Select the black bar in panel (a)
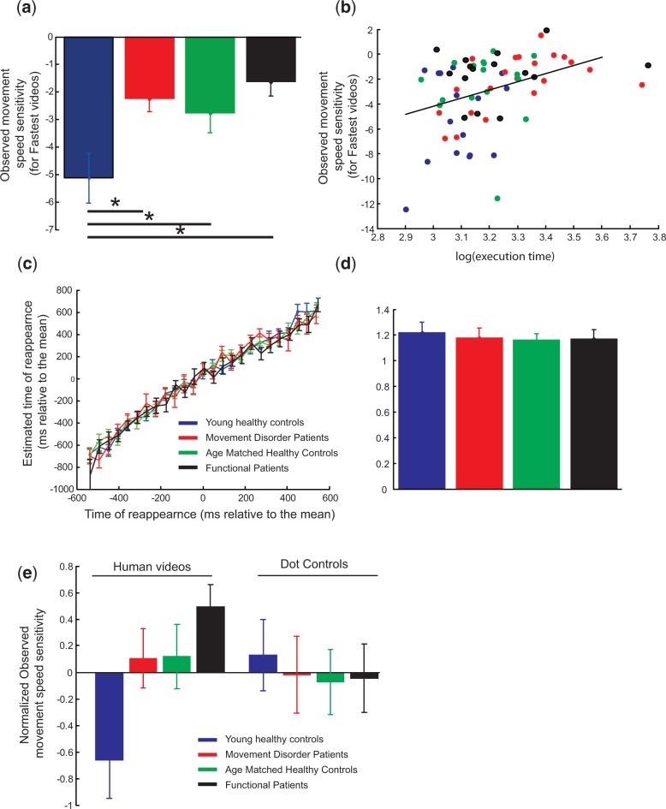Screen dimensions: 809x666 [x=271, y=60]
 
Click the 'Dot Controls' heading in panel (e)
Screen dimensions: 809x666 [x=318, y=565]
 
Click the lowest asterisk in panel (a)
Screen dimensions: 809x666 [x=181, y=232]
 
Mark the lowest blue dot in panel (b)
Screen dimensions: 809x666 [x=406, y=209]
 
